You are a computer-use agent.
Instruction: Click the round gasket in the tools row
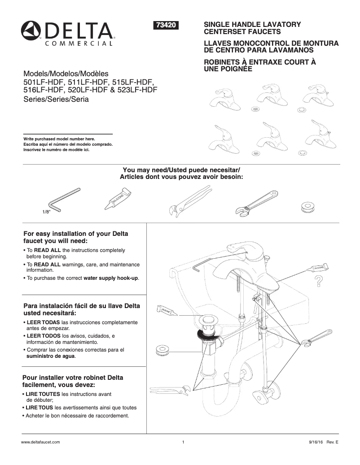(307, 206)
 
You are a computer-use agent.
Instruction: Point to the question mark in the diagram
(319, 281)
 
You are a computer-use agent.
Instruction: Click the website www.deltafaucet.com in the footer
(41, 442)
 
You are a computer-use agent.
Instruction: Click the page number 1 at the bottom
(184, 442)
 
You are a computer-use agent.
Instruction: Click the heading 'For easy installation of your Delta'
(75, 234)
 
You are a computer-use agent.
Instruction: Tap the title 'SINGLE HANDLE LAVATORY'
(252, 24)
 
